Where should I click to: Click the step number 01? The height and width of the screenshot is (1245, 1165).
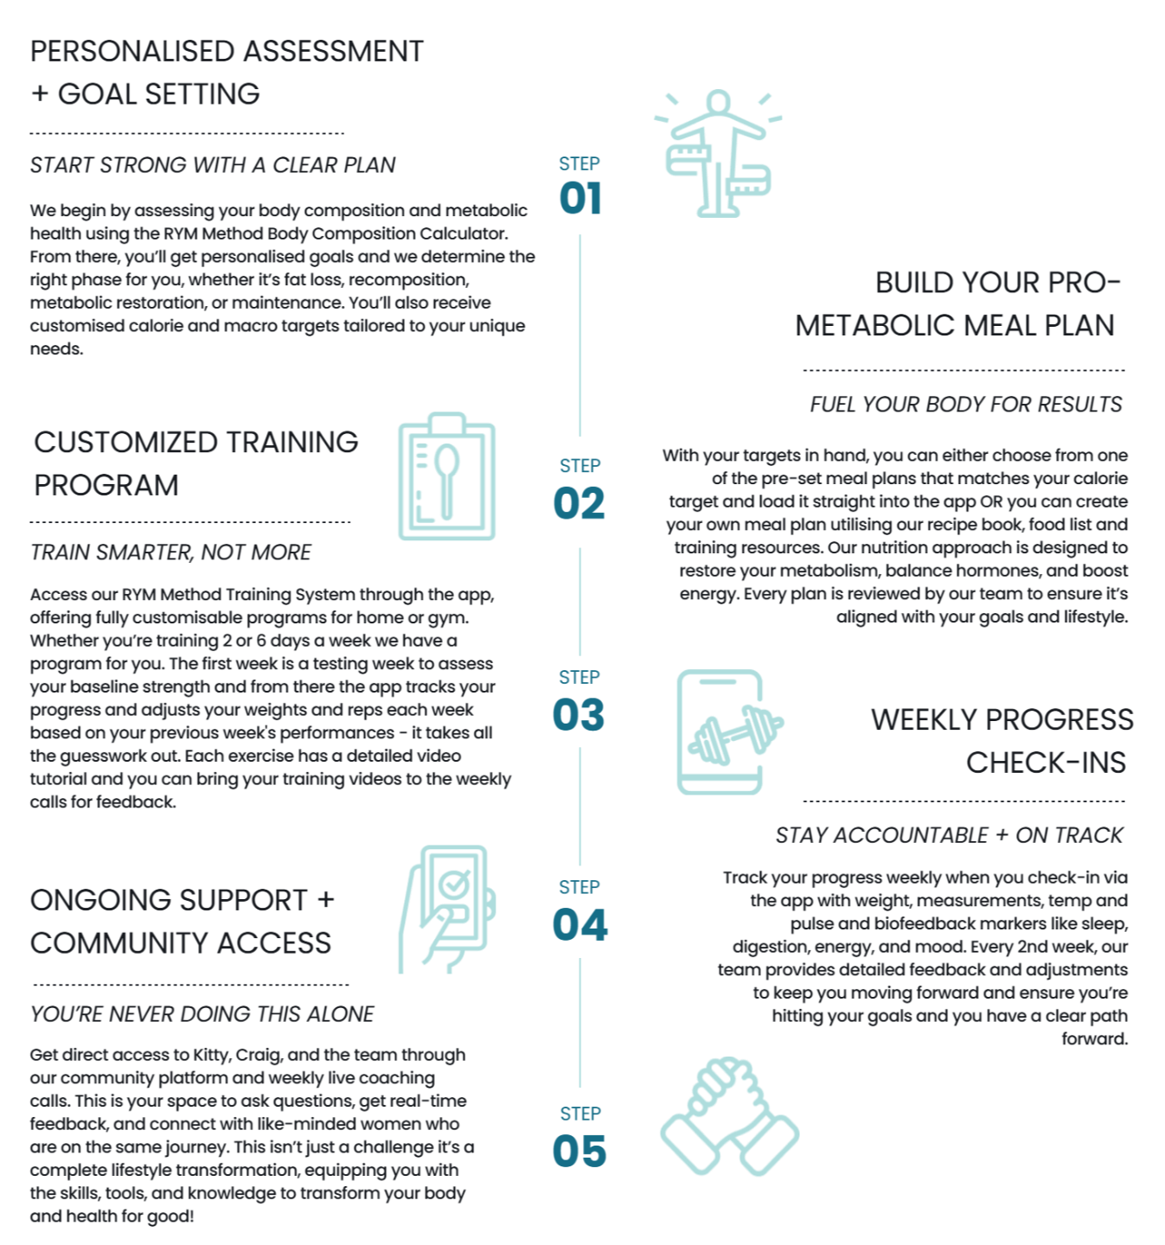tap(579, 198)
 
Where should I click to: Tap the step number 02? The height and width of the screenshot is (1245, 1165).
tap(579, 503)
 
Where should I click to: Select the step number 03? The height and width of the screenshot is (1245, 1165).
tap(579, 715)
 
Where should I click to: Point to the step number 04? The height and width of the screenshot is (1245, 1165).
tap(579, 927)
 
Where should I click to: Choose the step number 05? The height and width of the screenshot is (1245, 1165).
tap(579, 1152)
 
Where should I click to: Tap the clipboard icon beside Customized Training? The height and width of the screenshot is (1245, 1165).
tap(446, 477)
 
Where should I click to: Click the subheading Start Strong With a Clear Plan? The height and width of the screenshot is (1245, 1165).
tap(213, 165)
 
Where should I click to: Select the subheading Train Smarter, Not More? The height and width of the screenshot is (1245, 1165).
tap(171, 552)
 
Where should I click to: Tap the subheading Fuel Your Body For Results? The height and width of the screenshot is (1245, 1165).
tap(966, 405)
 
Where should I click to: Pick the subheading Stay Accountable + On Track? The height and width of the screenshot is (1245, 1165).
tap(949, 835)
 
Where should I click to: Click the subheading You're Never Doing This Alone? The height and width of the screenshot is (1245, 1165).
tap(202, 1014)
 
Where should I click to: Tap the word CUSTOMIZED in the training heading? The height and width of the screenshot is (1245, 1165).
tap(125, 443)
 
